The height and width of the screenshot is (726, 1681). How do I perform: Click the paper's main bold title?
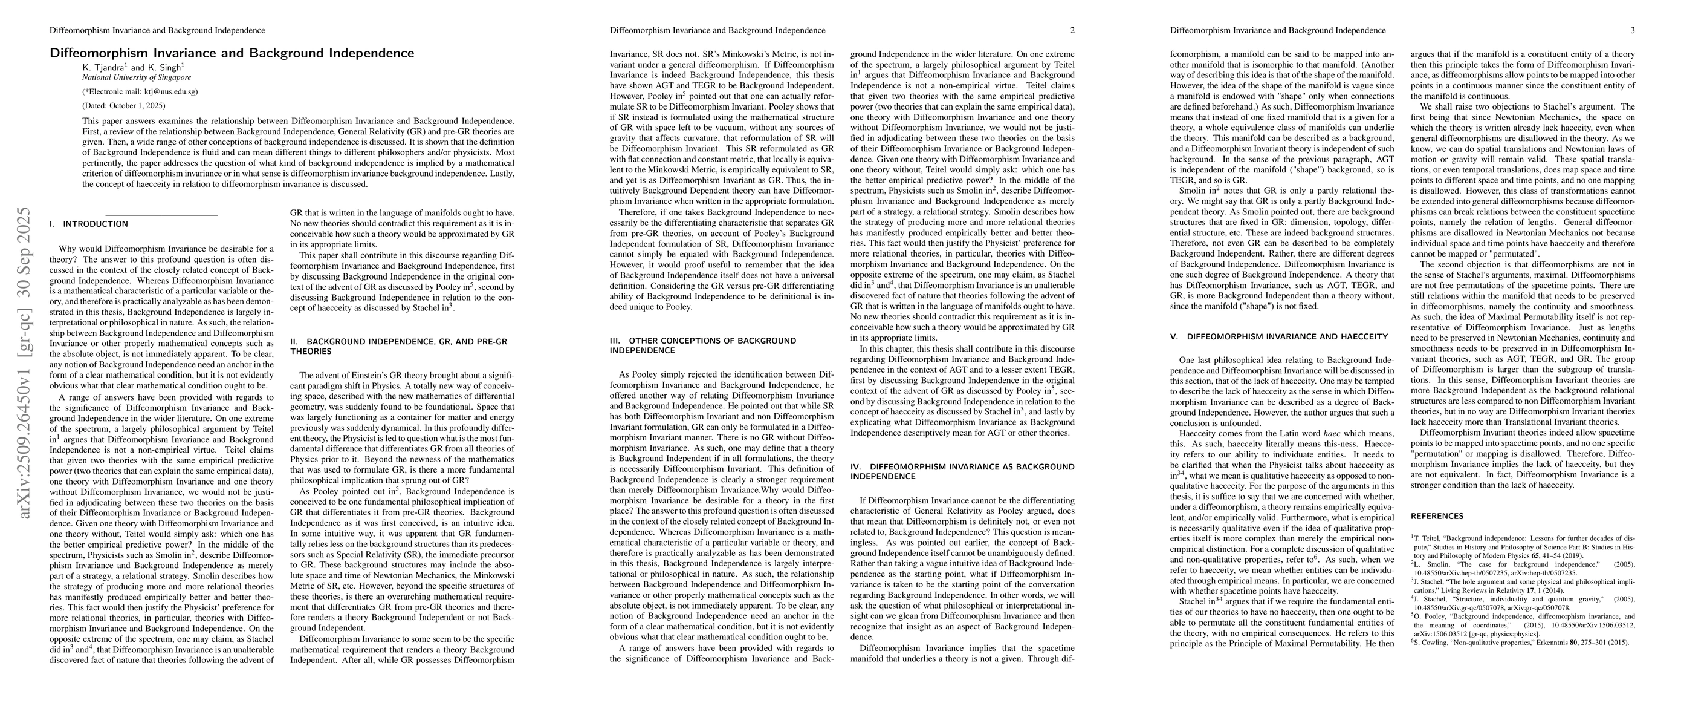[232, 53]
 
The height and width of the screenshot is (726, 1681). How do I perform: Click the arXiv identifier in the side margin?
[25, 362]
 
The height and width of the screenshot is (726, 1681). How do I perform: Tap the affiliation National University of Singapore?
[137, 77]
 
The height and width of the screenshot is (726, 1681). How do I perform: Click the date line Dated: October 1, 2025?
[123, 105]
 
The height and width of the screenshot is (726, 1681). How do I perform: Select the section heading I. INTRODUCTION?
[89, 224]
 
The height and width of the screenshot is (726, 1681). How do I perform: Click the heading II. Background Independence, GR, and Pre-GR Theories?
[398, 346]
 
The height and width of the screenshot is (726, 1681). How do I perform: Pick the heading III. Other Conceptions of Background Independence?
[703, 345]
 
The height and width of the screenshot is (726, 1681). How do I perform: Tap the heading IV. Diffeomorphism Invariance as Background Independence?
[962, 471]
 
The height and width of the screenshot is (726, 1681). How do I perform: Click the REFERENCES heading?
[1436, 516]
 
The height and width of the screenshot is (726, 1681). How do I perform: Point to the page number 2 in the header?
[1072, 31]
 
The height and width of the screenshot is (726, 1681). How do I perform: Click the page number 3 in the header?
[1632, 31]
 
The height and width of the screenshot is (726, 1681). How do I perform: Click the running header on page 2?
[717, 31]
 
